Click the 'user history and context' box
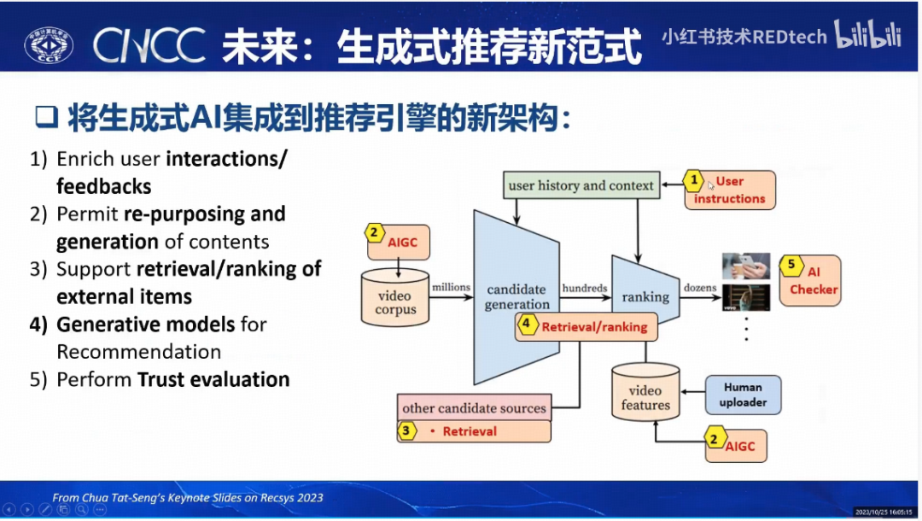point(581,185)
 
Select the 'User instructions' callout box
point(730,190)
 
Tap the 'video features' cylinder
point(645,395)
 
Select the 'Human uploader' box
point(743,395)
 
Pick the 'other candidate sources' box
point(474,408)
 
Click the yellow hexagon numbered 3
point(407,431)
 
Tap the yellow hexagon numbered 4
point(527,325)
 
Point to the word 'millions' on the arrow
point(451,288)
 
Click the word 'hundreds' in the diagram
point(585,289)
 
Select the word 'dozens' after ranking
point(700,289)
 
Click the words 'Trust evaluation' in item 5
point(213,379)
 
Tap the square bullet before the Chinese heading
point(45,119)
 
